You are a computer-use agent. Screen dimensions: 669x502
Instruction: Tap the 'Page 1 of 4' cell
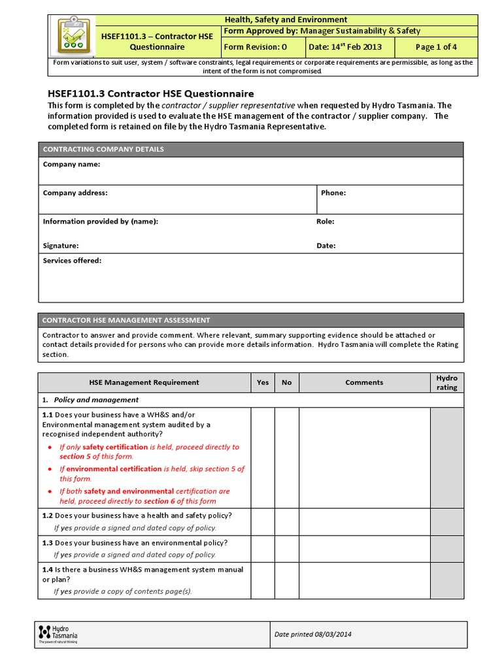pos(436,47)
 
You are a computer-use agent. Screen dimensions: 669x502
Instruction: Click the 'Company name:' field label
pos(71,165)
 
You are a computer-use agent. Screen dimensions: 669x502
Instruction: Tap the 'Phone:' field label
pos(333,193)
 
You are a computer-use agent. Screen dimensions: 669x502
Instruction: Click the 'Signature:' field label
pos(61,246)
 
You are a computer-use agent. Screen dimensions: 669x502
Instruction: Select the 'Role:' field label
pos(326,221)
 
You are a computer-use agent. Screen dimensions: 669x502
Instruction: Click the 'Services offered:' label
pos(72,261)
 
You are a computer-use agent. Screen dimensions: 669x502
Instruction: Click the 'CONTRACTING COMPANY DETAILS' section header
pos(103,150)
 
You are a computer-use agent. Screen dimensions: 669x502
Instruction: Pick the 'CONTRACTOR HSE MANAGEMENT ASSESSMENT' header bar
pos(126,320)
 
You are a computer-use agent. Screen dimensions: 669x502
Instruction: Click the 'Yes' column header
pos(263,383)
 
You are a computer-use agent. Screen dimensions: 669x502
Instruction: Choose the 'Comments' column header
pos(364,383)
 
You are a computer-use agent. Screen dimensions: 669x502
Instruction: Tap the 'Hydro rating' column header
pos(447,383)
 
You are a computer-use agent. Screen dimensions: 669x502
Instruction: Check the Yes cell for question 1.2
pos(263,521)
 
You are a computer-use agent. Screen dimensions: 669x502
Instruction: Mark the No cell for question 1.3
pos(287,548)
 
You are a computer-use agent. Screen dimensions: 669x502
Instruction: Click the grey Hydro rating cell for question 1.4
pos(447,580)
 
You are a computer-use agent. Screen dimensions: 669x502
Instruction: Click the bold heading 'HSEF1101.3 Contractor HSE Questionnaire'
pos(151,93)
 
